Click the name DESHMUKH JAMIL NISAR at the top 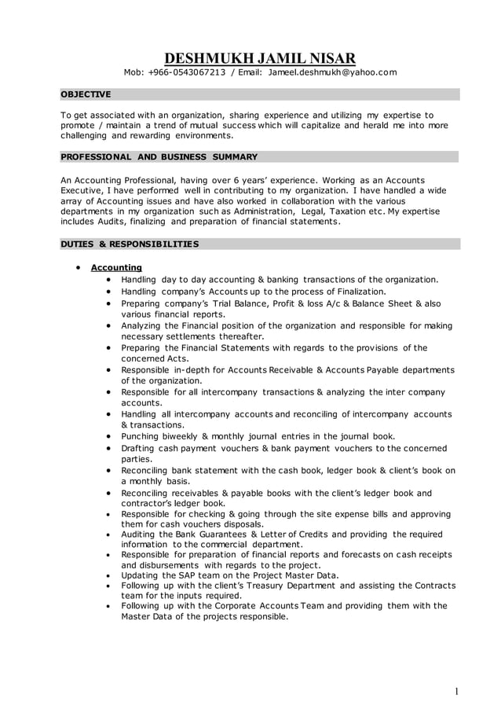tap(259, 58)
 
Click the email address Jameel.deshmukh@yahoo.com tap(332, 73)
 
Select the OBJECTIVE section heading tap(86, 94)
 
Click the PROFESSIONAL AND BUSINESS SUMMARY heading tap(159, 156)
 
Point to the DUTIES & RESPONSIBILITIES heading tap(130, 244)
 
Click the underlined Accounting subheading tap(116, 267)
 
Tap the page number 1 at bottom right tap(456, 691)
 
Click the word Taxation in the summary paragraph tap(343, 211)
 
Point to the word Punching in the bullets tap(141, 436)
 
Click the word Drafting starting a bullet tap(139, 448)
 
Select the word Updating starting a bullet tap(141, 575)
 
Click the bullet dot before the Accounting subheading tap(79, 267)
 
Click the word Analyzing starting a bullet tap(143, 325)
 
